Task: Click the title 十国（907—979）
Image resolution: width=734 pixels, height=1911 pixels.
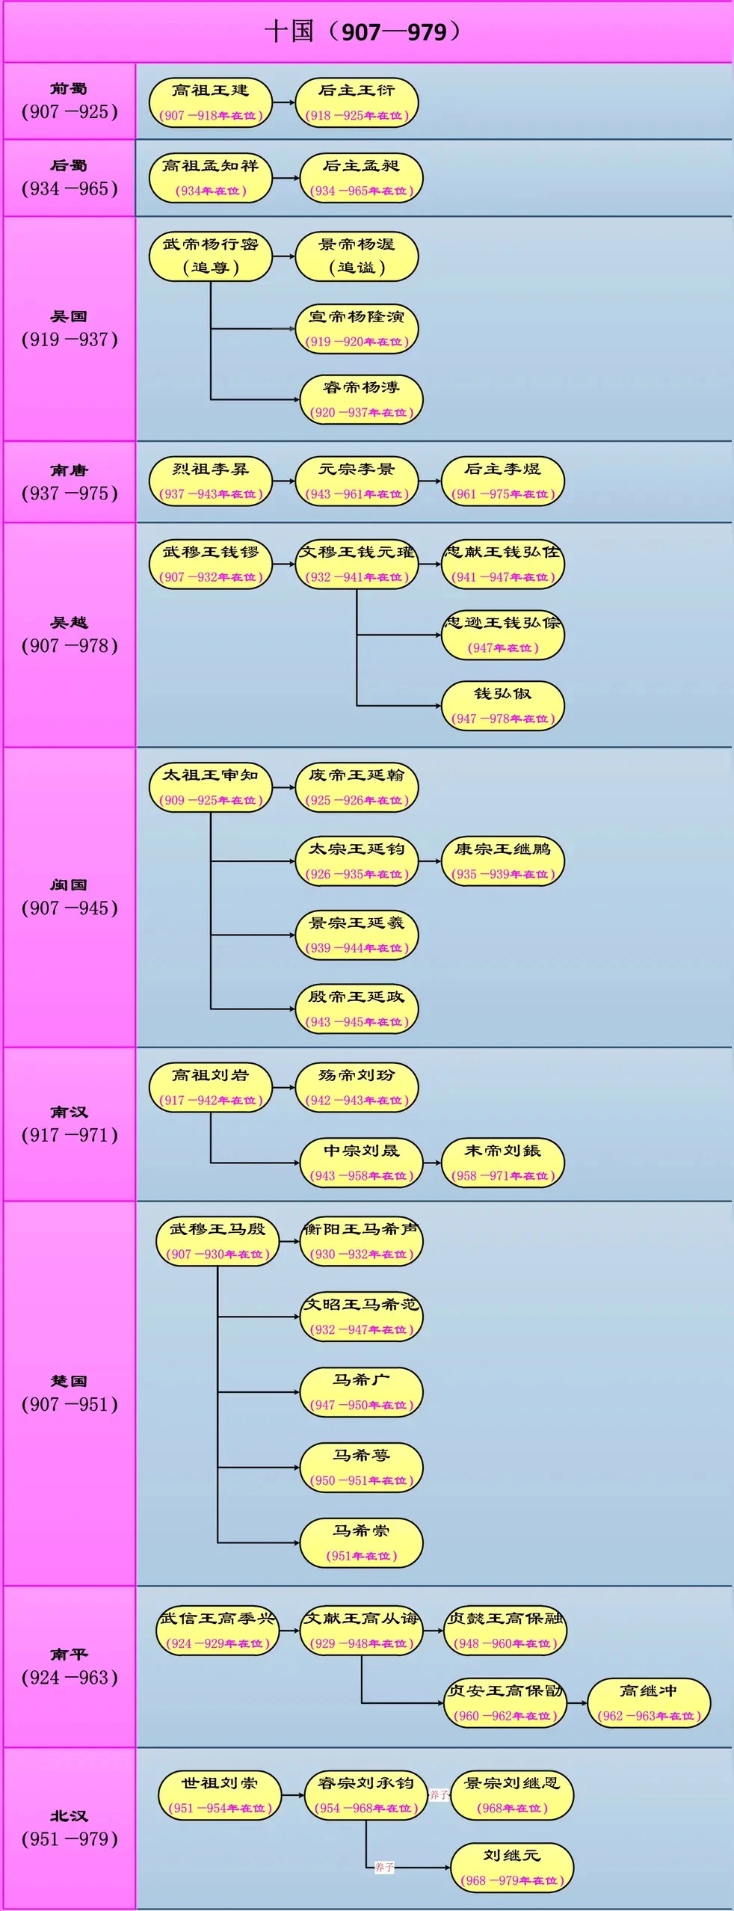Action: pyautogui.click(x=366, y=32)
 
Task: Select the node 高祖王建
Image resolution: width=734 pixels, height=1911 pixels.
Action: pyautogui.click(x=210, y=102)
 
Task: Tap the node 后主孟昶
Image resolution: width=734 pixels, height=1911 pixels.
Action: pyautogui.click(x=361, y=178)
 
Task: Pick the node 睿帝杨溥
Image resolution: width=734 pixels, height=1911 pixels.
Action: pyautogui.click(x=361, y=399)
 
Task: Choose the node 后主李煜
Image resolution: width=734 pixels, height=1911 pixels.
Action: pyautogui.click(x=502, y=481)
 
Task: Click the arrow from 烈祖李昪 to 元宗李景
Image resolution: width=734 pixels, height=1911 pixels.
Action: pyautogui.click(x=284, y=481)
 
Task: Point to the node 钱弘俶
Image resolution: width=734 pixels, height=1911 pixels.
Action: pyautogui.click(x=502, y=705)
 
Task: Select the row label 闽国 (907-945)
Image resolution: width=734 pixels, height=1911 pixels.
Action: pyautogui.click(x=69, y=897)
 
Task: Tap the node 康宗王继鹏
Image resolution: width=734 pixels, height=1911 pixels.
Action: pyautogui.click(x=502, y=861)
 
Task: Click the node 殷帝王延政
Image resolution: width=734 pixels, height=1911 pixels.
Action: pyautogui.click(x=357, y=1008)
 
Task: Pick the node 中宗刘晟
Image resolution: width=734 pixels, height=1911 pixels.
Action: pyautogui.click(x=361, y=1162)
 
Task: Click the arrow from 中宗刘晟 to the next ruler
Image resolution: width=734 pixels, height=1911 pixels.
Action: pyautogui.click(x=432, y=1163)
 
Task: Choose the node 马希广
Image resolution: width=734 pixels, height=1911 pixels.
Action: pyautogui.click(x=361, y=1391)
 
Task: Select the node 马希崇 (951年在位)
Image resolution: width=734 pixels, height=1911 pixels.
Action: pyautogui.click(x=361, y=1542)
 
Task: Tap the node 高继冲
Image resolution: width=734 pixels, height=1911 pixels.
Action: pyautogui.click(x=648, y=1702)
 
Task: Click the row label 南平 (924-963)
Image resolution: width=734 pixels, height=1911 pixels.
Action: pyautogui.click(x=69, y=1666)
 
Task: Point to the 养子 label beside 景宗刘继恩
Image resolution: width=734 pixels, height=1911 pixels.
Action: pyautogui.click(x=439, y=1794)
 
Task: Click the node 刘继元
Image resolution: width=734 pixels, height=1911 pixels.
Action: pyautogui.click(x=511, y=1867)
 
